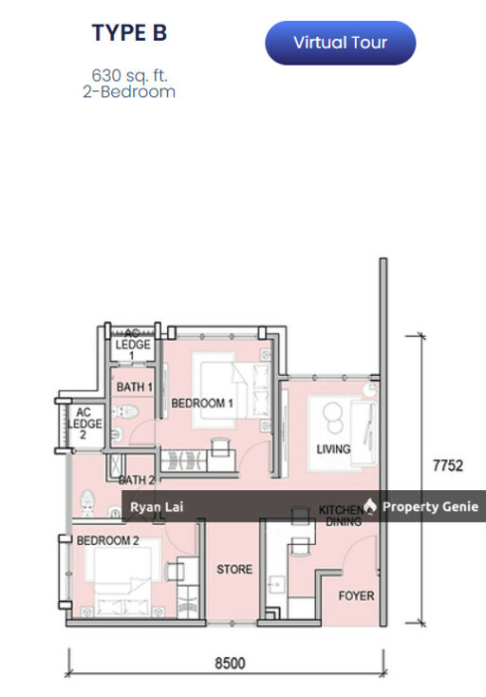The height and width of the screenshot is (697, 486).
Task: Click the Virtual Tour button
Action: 340,43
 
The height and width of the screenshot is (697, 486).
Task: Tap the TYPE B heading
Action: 129,33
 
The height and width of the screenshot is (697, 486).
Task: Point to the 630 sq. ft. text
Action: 129,74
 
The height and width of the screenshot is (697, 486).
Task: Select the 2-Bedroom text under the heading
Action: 129,92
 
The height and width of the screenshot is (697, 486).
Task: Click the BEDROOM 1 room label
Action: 202,404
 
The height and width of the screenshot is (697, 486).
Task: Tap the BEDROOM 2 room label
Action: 108,540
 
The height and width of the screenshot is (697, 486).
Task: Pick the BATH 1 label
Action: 135,387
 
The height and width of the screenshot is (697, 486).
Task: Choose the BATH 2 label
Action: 137,480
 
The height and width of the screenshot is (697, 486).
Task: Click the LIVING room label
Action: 333,449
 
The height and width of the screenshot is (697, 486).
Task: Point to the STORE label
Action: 234,570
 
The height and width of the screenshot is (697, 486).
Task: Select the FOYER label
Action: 356,596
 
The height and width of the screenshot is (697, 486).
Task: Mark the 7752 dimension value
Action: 447,465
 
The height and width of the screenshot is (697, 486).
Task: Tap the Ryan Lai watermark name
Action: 152,507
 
